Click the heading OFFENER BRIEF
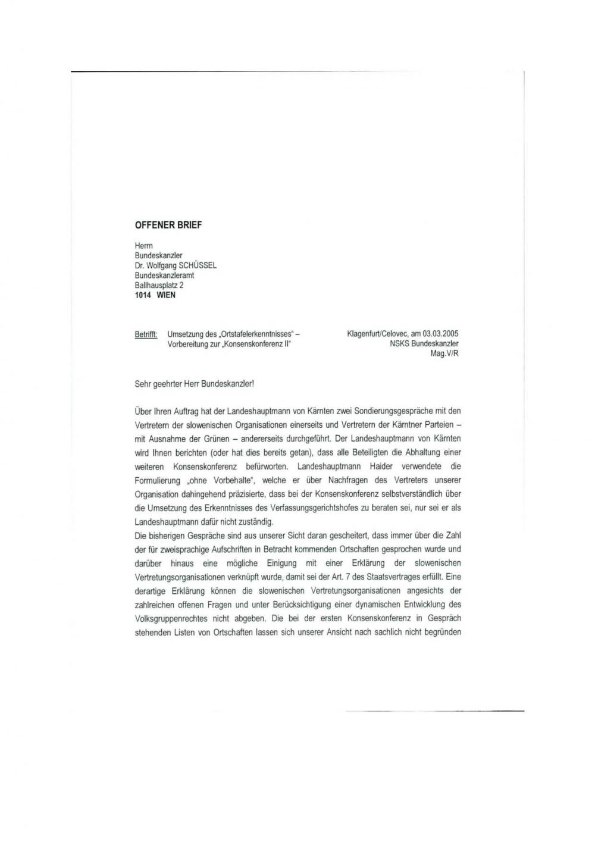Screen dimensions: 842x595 [x=168, y=225]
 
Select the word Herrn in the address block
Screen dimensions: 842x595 [x=144, y=245]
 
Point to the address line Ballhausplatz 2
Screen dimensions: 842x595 [x=159, y=285]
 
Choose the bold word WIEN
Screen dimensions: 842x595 [x=166, y=295]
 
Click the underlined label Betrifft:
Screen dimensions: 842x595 [x=146, y=334]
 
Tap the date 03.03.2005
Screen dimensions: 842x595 [x=440, y=334]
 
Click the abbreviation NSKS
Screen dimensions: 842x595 [x=400, y=344]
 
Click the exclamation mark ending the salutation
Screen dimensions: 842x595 [x=253, y=384]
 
